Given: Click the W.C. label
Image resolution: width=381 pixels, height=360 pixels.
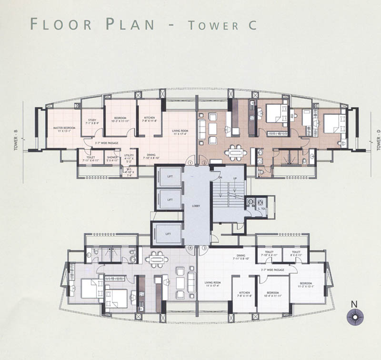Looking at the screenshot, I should pyautogui.click(x=129, y=171).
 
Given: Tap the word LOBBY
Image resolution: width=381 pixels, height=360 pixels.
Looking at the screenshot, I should pyautogui.click(x=196, y=206).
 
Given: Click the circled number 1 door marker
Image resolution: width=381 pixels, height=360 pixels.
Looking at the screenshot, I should pyautogui.click(x=190, y=163).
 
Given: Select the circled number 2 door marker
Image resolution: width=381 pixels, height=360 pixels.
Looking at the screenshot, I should pyautogui.click(x=204, y=163).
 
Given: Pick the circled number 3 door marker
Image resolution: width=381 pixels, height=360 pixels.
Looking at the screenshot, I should pyautogui.click(x=204, y=248).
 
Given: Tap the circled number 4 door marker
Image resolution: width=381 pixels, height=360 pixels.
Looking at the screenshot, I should pyautogui.click(x=190, y=248).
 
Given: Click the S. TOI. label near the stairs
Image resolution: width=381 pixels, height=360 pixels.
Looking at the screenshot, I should pyautogui.click(x=262, y=209).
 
